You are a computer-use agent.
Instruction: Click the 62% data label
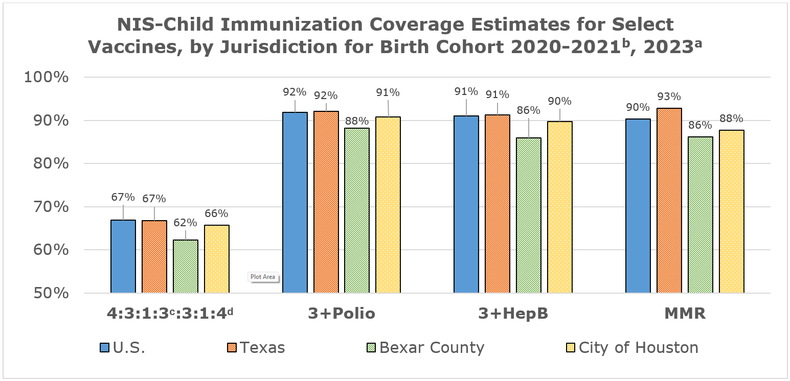point(185,223)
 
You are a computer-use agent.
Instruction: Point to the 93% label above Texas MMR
point(669,97)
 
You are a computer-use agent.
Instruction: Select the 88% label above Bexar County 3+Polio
point(356,121)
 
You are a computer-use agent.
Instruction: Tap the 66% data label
point(216,213)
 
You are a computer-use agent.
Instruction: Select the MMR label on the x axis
point(685,314)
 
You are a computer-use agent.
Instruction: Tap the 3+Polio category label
point(342,314)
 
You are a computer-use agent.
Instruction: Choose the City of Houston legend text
point(638,348)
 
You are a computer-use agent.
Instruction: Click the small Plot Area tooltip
point(263,277)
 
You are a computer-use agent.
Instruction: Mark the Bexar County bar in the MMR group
point(701,215)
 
